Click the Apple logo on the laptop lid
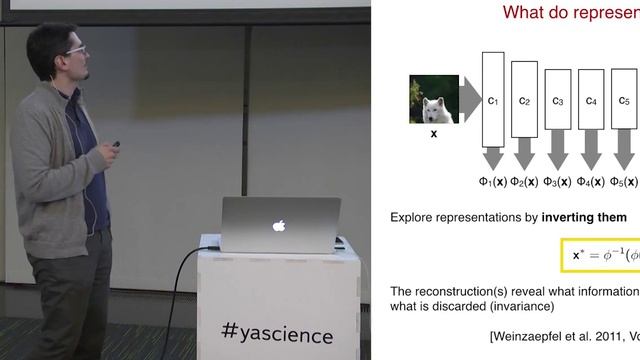tap(280, 225)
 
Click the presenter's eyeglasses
tap(75, 49)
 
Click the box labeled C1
tap(493, 100)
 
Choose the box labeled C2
tap(525, 101)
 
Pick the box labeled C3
tap(558, 101)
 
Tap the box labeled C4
tap(591, 101)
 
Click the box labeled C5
tap(624, 101)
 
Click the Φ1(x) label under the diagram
tap(494, 182)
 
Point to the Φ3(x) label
tap(559, 182)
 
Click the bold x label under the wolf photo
tap(433, 133)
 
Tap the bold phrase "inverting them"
tap(585, 217)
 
